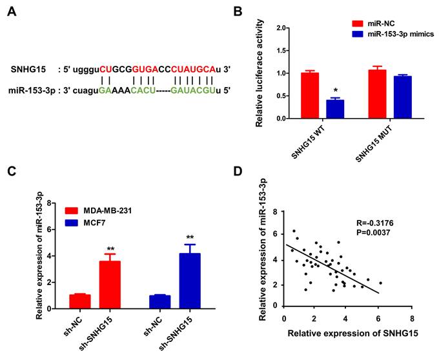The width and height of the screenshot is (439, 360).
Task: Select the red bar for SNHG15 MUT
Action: pyautogui.click(x=374, y=94)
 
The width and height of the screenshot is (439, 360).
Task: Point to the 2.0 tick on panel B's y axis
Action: pyautogui.click(x=281, y=28)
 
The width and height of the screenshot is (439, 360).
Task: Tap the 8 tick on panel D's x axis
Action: pyautogui.click(x=412, y=321)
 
